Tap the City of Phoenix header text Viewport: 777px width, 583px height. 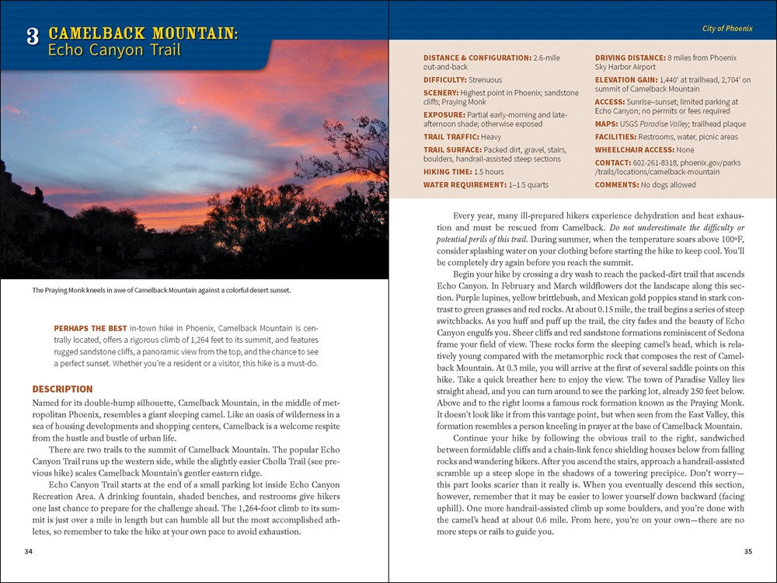[726, 29]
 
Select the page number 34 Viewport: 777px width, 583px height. [29, 552]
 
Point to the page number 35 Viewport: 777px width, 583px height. [747, 552]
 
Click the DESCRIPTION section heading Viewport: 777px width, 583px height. [62, 389]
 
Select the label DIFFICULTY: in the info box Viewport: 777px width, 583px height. [444, 80]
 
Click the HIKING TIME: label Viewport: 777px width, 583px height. [447, 172]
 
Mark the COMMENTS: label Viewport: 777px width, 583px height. [616, 185]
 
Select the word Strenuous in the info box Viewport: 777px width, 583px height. [485, 80]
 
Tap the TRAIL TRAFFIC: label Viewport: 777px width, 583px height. [450, 137]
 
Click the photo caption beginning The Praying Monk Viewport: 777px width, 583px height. [161, 291]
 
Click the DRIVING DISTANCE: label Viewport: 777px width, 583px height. [630, 58]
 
